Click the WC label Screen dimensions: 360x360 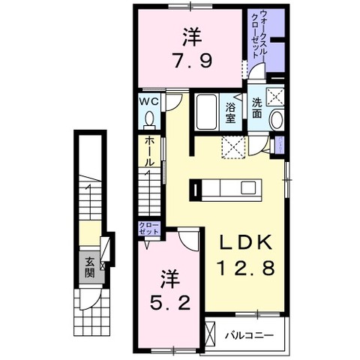148,101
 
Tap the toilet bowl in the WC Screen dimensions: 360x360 150,118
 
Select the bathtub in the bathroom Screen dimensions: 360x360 206,112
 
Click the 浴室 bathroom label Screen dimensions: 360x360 230,113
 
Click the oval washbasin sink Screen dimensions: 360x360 277,120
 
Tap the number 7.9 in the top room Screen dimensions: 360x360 193,61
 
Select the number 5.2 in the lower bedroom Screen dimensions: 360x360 170,302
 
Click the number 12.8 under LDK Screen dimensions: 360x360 247,267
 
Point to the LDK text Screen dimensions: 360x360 246,242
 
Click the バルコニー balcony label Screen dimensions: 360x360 249,334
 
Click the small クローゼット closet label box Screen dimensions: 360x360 149,228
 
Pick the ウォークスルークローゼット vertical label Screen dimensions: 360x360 258,34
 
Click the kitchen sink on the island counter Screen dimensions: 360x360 248,187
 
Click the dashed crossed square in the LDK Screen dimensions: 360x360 234,147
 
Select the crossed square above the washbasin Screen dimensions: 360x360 274,97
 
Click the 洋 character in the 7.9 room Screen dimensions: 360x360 192,37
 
